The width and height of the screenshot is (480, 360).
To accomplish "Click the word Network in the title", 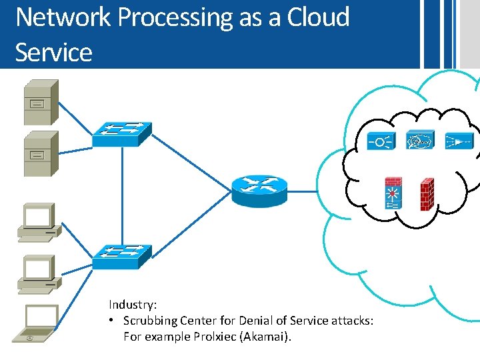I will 63,17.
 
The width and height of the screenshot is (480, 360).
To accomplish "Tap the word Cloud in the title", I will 318,17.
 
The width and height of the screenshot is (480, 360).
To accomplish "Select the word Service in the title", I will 53,52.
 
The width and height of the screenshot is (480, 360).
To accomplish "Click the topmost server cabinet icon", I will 41,102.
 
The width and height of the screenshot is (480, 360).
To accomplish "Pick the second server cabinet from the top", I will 41,153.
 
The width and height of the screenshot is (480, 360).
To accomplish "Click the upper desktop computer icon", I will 39,222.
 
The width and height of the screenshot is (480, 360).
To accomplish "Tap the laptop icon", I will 40,323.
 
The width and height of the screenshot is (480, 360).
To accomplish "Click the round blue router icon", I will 260,191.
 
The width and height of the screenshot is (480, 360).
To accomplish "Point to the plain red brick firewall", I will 427,195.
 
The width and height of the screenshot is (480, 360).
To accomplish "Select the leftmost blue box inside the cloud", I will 381,141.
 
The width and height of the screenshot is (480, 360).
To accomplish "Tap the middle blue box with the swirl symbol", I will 420,141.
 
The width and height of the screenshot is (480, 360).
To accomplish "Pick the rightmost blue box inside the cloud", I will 459,141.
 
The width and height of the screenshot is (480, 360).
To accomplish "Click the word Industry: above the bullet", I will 133,305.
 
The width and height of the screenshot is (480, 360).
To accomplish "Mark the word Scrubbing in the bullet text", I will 151,321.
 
